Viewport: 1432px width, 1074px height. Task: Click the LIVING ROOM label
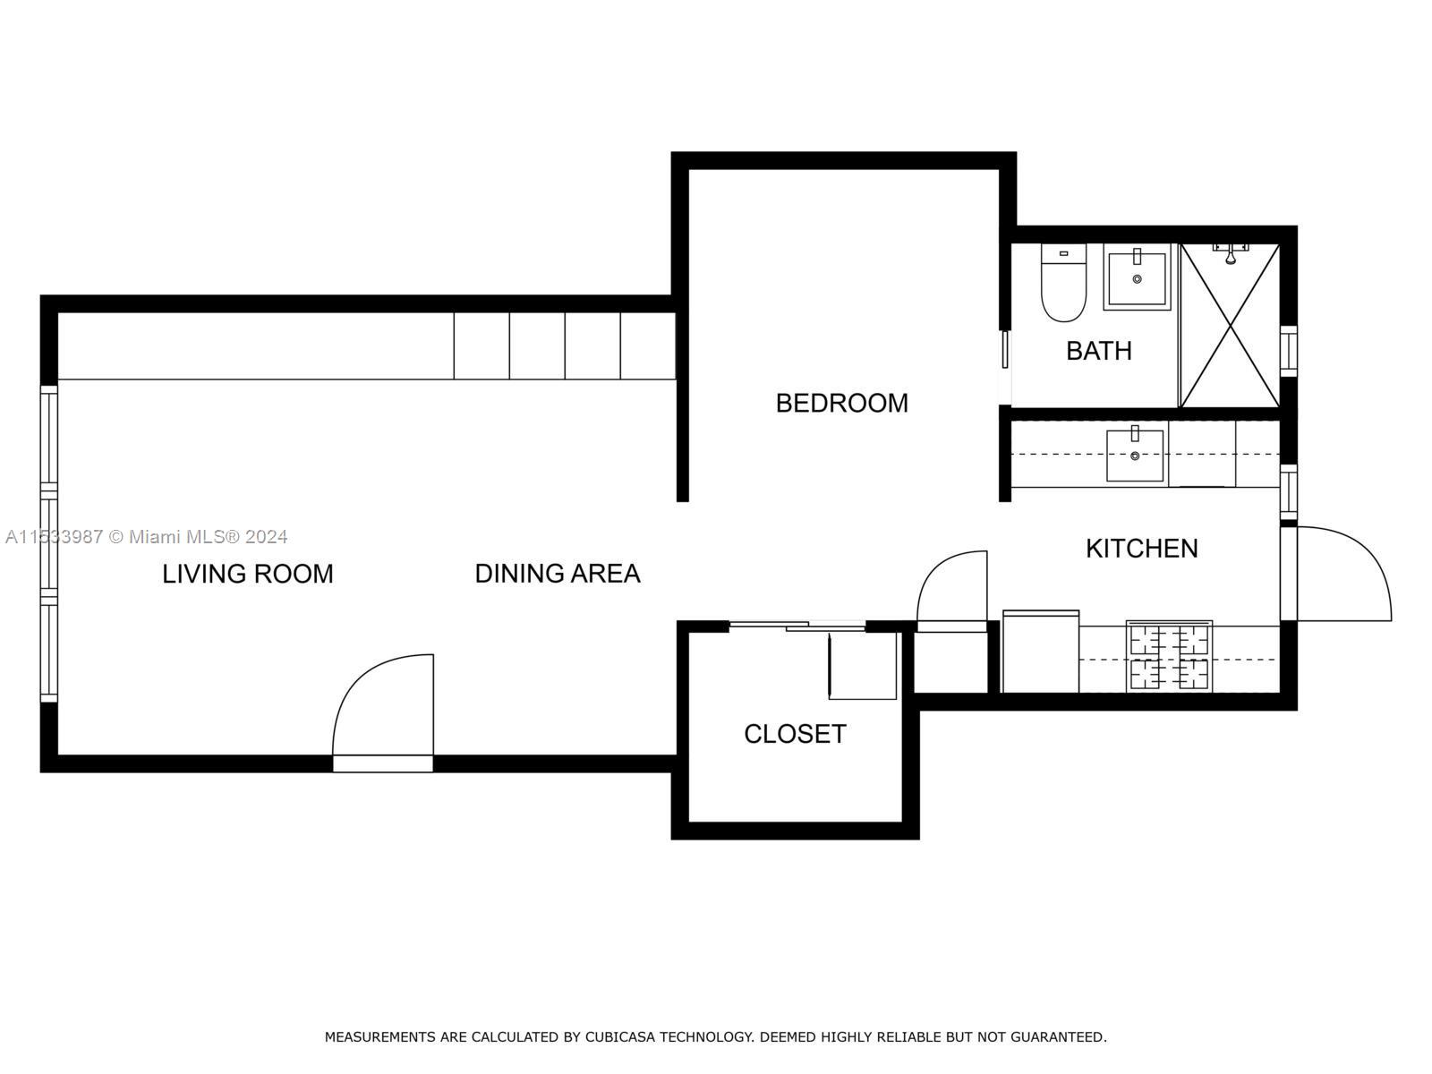pos(247,574)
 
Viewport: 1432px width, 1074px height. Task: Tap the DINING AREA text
pos(557,574)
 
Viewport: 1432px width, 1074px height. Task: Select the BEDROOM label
pos(841,403)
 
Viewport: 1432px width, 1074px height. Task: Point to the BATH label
pos(1098,351)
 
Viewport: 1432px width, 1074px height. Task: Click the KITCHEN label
pos(1141,548)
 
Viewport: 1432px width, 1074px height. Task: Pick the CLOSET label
pos(795,734)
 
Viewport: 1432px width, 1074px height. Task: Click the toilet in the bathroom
pos(1063,285)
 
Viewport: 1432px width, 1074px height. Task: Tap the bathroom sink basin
pos(1137,279)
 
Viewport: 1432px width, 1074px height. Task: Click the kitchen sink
pos(1135,456)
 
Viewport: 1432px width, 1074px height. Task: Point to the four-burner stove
pos(1169,657)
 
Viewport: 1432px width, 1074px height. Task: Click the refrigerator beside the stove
pos(1040,652)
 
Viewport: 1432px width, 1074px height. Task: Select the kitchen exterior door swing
pos(1342,573)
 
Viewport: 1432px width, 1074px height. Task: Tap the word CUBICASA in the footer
pos(618,1037)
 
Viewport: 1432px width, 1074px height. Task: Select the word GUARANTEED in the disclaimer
pos(1060,1037)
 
